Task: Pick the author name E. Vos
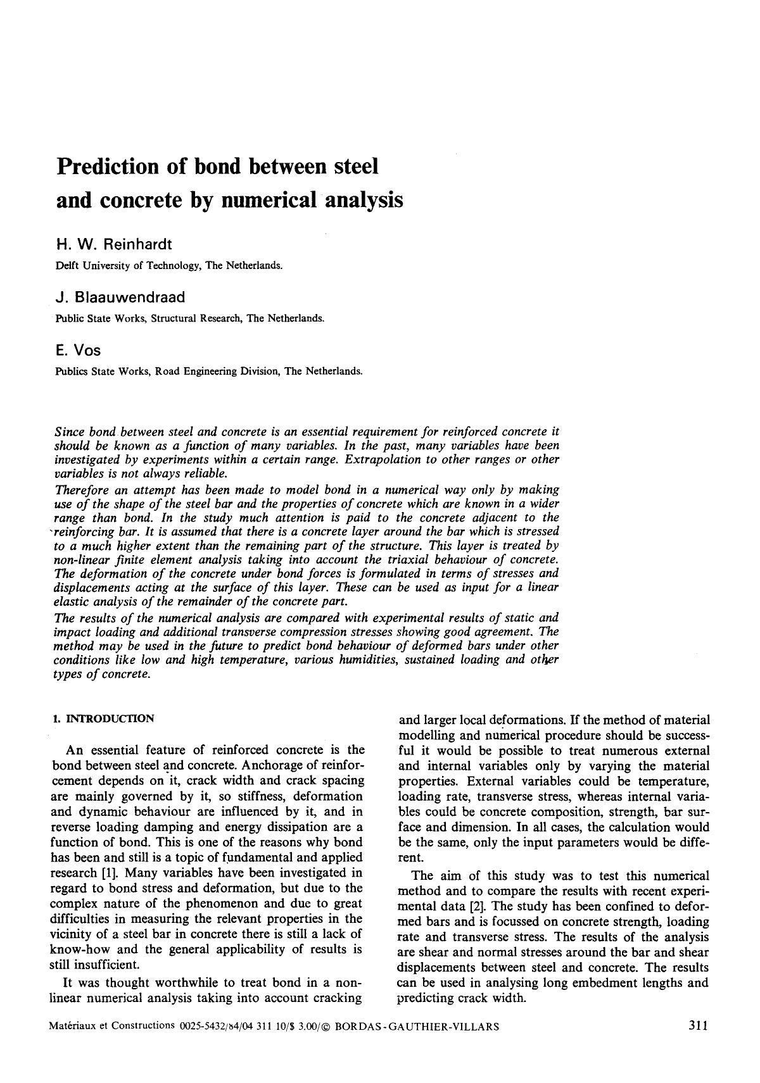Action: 79,350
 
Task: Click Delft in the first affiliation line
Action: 66,266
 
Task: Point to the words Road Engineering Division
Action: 217,372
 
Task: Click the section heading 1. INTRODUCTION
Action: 103,718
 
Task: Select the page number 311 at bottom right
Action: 697,1026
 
